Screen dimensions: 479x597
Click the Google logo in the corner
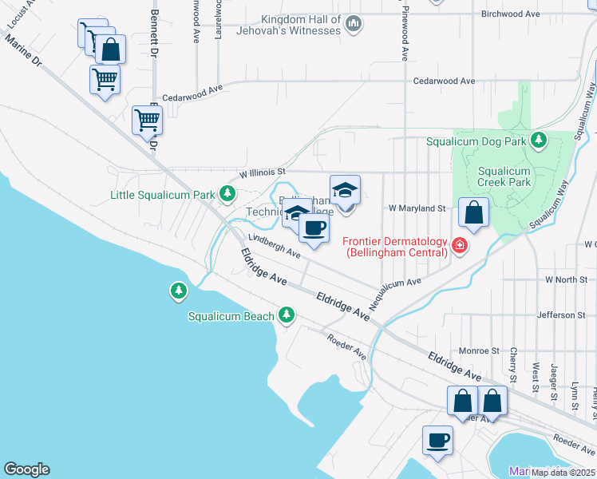pyautogui.click(x=26, y=469)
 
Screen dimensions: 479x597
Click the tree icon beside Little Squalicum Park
pyautogui.click(x=228, y=193)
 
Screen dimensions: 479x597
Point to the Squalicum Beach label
pyautogui.click(x=231, y=316)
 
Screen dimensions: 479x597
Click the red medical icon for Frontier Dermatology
pyautogui.click(x=459, y=245)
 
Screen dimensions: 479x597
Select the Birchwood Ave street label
pyautogui.click(x=512, y=14)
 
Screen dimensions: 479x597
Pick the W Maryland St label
pyautogui.click(x=416, y=208)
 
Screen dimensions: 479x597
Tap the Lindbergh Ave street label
pyautogui.click(x=274, y=245)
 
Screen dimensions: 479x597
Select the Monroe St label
pyautogui.click(x=479, y=350)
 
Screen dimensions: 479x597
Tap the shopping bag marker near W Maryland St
pyautogui.click(x=474, y=213)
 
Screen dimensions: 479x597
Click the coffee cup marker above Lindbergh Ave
pyautogui.click(x=314, y=228)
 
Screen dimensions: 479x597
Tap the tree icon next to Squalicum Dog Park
pyautogui.click(x=539, y=141)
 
